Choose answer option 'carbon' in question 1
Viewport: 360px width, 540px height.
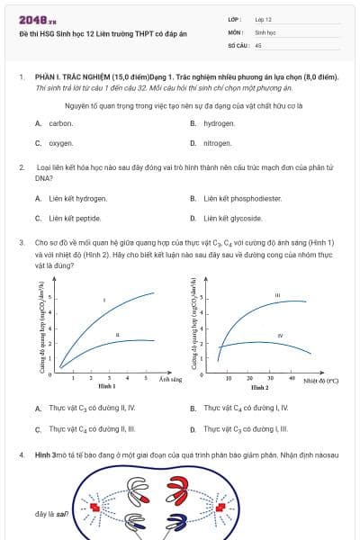60,123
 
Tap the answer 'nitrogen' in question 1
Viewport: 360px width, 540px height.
218,143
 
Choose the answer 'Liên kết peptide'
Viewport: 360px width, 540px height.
75,218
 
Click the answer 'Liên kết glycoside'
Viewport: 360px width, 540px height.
233,218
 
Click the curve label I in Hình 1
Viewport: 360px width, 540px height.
104,300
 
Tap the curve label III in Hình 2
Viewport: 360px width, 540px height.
277,295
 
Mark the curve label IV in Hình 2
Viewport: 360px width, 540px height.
281,335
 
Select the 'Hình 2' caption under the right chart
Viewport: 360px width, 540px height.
259,387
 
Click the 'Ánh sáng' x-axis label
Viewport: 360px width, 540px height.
171,380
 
